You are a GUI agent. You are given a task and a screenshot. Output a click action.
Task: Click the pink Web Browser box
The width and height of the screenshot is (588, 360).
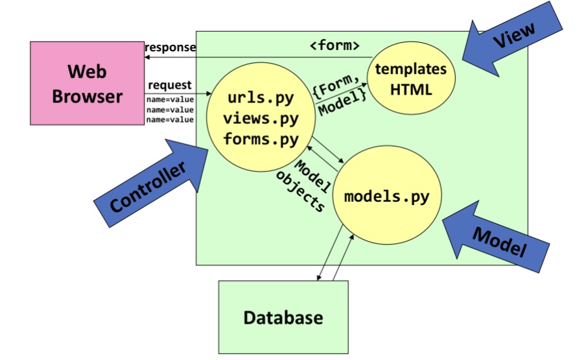point(87,83)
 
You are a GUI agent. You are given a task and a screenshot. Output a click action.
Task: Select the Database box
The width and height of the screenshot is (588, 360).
point(283,318)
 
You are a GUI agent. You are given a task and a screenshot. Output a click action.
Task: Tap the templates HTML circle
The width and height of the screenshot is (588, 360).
point(411,80)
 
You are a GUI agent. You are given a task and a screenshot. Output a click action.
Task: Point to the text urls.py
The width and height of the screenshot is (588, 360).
point(261,99)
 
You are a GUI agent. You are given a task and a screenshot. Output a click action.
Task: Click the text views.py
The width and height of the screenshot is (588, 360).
point(261,119)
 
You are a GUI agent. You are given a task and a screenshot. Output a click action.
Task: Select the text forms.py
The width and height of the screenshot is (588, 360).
point(261,139)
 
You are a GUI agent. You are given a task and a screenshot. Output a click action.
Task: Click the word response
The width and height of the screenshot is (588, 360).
point(170,47)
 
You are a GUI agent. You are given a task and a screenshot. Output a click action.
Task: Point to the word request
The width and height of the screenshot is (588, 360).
point(170,85)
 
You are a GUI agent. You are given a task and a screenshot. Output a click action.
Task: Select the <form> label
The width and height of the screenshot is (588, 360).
point(335,47)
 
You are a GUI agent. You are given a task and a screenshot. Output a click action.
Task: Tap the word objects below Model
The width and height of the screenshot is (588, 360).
point(300,193)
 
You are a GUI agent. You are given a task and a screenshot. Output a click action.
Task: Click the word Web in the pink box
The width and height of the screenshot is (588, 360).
point(87,71)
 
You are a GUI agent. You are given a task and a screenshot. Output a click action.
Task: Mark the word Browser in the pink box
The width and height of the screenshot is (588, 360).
point(87,96)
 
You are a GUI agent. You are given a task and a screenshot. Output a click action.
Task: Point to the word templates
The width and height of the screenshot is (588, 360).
point(411,69)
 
